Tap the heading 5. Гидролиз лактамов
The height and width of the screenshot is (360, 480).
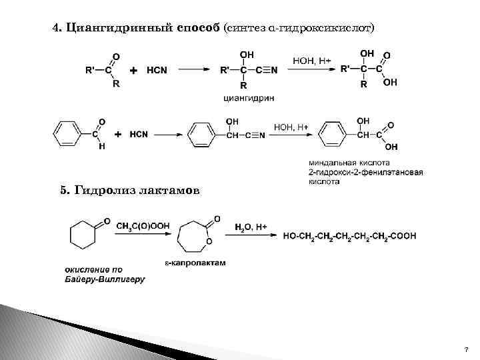click(x=129, y=191)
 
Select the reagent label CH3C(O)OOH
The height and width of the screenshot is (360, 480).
click(x=143, y=226)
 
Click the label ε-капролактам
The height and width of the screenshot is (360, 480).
click(x=195, y=263)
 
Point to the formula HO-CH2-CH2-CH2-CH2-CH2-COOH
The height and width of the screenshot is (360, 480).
click(x=349, y=235)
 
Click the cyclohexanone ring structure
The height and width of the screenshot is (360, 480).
click(x=84, y=235)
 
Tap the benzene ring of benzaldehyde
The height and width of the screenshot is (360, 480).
click(x=67, y=134)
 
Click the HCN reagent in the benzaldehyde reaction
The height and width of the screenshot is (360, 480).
click(x=139, y=134)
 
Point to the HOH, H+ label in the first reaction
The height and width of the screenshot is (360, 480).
click(x=312, y=61)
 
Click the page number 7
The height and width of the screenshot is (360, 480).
click(x=466, y=349)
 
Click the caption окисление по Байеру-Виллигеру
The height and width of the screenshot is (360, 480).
click(x=105, y=274)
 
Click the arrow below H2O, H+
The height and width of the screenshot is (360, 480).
click(x=251, y=236)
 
